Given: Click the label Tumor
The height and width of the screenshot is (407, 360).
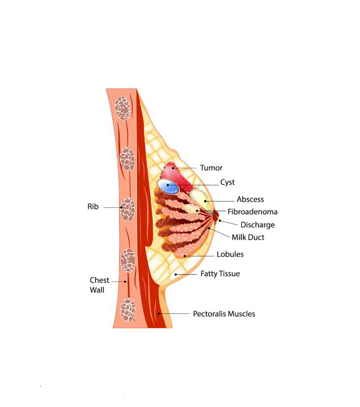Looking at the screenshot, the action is tap(211, 168).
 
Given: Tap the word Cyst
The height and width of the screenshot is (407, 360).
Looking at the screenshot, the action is tap(227, 182).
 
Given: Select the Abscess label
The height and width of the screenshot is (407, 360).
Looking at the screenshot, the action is tap(250, 199).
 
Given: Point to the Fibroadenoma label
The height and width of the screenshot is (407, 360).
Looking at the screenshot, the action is tap(252, 212).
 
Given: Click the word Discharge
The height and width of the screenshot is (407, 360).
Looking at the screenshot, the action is tap(258, 225).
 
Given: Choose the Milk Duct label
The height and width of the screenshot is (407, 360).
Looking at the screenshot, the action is tap(248, 237).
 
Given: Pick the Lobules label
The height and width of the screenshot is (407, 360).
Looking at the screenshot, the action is tap(230, 254).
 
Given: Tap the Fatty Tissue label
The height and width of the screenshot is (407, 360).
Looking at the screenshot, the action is tap(220, 274).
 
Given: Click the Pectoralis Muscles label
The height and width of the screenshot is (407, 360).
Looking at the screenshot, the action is tap(224, 314).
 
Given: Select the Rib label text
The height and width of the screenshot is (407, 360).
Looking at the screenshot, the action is tap(93, 206).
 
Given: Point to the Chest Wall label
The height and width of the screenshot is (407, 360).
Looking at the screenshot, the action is tap(100, 285).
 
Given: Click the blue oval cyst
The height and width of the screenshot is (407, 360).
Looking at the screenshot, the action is tap(168, 186).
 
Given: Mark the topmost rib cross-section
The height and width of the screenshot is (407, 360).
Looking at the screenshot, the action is tap(123, 108).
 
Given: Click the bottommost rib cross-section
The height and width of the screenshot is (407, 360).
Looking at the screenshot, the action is tap(128, 310).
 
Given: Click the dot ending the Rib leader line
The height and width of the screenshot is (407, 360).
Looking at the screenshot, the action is tap(122, 207).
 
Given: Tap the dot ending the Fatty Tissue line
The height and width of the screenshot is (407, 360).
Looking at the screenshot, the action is tap(176, 274).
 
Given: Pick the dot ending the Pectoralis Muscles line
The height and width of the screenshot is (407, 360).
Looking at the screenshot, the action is tap(159, 314).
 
